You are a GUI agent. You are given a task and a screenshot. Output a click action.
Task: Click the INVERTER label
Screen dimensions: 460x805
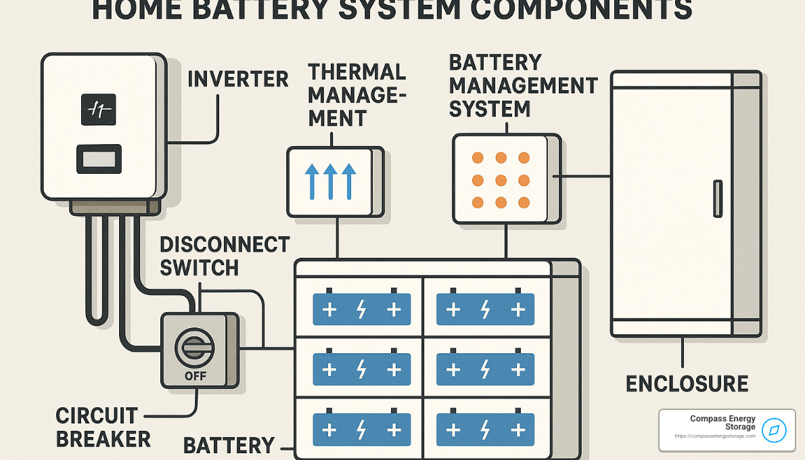click(237, 79)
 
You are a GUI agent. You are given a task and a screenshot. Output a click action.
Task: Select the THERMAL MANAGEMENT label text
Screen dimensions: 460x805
click(356, 95)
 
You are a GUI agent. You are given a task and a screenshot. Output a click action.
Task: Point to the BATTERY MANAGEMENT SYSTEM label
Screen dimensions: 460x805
click(523, 86)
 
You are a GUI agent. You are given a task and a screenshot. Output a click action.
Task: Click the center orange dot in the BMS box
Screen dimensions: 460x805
click(501, 180)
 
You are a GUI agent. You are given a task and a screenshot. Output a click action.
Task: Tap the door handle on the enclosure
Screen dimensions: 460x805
click(718, 198)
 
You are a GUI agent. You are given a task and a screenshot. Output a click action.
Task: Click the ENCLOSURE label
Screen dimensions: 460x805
click(687, 384)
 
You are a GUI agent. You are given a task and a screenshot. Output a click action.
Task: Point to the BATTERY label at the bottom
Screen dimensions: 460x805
click(229, 446)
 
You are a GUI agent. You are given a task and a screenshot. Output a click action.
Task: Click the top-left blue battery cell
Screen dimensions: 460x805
click(361, 310)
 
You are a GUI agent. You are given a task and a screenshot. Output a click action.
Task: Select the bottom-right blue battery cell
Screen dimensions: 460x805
click(485, 430)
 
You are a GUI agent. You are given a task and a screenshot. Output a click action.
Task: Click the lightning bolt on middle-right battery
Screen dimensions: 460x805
click(485, 369)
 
